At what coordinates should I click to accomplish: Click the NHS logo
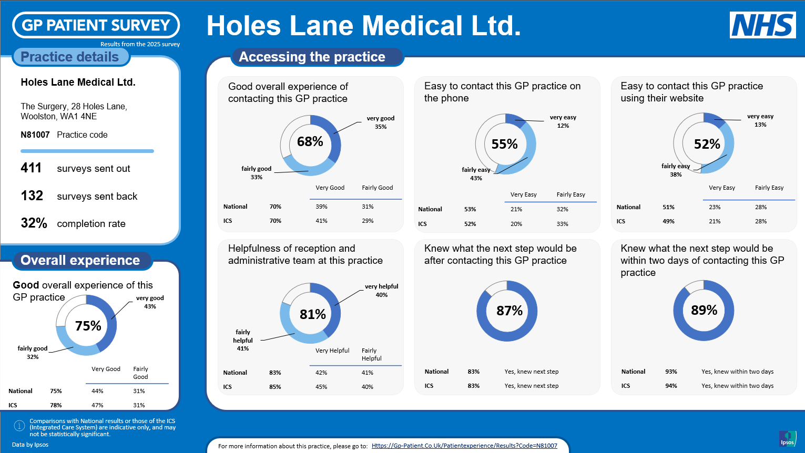[x=762, y=25]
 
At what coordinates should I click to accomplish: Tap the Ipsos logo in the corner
[x=787, y=438]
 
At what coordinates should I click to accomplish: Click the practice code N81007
[x=35, y=135]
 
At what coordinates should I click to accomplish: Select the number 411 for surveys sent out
[x=31, y=168]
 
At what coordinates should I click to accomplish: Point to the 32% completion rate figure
[x=34, y=223]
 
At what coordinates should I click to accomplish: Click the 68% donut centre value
[x=310, y=142]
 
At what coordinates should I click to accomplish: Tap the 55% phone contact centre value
[x=505, y=145]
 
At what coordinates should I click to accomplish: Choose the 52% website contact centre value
[x=707, y=145]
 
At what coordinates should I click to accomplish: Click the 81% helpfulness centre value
[x=313, y=315]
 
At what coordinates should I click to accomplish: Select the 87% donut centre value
[x=510, y=311]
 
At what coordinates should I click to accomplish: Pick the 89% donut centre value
[x=704, y=311]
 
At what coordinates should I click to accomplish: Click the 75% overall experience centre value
[x=88, y=326]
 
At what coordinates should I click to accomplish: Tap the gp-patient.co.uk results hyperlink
[x=464, y=446]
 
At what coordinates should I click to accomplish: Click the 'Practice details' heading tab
[x=70, y=57]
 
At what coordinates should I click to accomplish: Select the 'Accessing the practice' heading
[x=312, y=57]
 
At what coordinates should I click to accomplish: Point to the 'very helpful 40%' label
[x=381, y=291]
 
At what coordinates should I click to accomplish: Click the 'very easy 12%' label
[x=563, y=121]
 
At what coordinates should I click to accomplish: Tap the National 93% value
[x=671, y=372]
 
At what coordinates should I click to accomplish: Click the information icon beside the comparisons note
[x=19, y=426]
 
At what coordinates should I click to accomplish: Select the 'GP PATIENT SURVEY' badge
[x=96, y=25]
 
